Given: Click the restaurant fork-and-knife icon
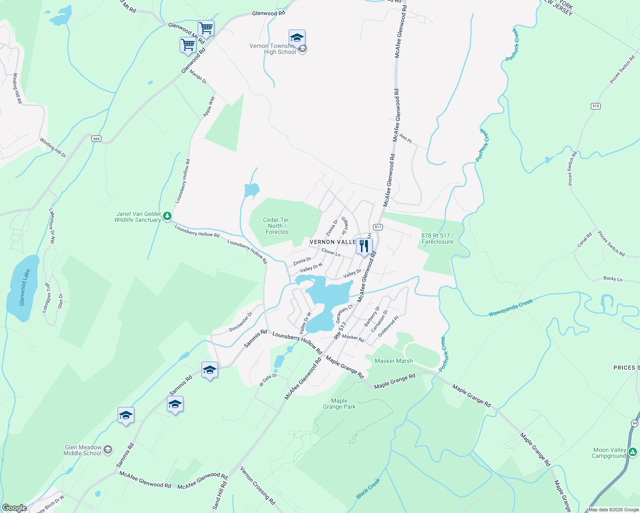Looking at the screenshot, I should click(364, 246).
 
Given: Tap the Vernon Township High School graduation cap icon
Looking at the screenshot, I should click(297, 38).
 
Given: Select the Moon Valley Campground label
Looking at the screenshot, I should click(609, 453).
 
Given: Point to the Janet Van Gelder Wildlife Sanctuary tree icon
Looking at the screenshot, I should click(168, 216).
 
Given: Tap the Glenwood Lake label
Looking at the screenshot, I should click(25, 287).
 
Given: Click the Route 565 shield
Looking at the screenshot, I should click(96, 139).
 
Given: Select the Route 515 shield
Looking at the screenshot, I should click(596, 106).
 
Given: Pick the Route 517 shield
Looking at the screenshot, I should click(377, 227).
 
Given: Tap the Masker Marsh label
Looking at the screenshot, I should click(394, 361).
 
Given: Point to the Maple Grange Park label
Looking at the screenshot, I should click(339, 404).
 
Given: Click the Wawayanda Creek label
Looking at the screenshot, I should click(511, 308).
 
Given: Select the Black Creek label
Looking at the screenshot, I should click(368, 489).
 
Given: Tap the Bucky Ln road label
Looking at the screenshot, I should click(613, 279).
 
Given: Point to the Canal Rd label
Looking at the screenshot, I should click(584, 239).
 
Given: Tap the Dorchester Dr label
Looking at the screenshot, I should click(241, 321).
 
